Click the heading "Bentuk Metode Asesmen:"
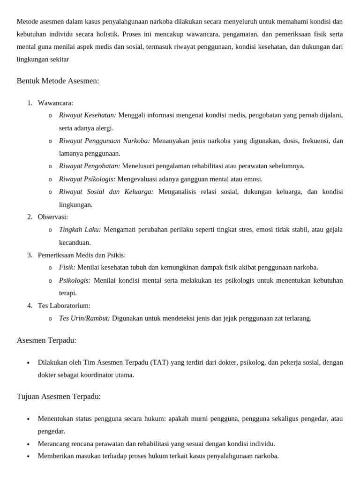58,81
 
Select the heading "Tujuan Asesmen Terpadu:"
59,397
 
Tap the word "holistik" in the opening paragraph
105,34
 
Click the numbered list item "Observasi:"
52,217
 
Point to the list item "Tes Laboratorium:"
64,306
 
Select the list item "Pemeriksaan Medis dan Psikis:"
82,255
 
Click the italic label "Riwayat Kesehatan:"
88,115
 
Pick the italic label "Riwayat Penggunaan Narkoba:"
105,141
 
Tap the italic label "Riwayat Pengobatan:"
90,166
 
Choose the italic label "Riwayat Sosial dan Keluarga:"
106,192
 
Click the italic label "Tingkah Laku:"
80,230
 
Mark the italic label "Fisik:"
67,267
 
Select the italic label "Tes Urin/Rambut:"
84,318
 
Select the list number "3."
30,255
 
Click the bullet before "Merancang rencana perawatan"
29,444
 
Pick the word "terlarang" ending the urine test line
296,318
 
